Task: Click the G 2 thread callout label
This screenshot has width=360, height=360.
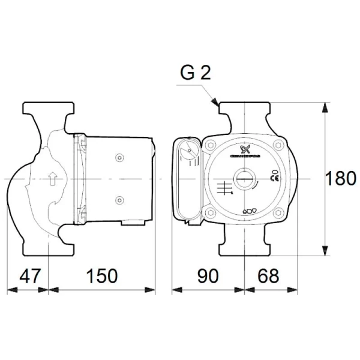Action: (196, 74)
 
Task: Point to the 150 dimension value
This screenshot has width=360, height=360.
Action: (101, 276)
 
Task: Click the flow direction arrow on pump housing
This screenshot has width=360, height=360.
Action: (53, 178)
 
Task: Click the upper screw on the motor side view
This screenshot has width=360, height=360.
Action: (119, 158)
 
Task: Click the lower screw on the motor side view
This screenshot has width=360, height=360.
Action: (119, 199)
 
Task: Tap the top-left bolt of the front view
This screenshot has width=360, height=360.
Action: (211, 146)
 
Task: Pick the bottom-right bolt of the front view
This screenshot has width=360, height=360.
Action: (278, 212)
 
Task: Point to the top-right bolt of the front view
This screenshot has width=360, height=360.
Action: (278, 146)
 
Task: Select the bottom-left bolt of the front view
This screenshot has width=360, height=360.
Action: (211, 212)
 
